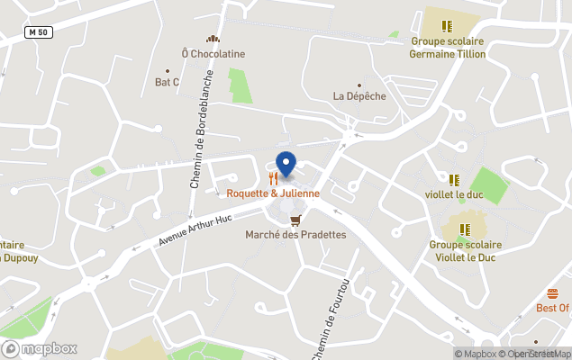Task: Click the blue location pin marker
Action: click(x=286, y=165)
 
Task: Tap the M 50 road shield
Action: click(x=38, y=32)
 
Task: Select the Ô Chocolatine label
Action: click(x=213, y=54)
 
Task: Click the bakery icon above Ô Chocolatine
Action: click(x=213, y=39)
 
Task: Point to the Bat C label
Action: click(x=168, y=83)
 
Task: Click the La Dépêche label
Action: click(x=359, y=95)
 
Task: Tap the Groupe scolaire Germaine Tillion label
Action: click(x=448, y=48)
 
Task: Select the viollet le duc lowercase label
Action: click(x=454, y=193)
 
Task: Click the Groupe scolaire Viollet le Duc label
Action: click(x=465, y=250)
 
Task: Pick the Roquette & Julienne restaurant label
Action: click(x=273, y=193)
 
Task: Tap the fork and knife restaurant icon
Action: click(x=273, y=178)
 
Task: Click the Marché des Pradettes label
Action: click(x=295, y=235)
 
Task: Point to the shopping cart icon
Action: click(x=295, y=219)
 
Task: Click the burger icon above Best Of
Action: click(x=552, y=293)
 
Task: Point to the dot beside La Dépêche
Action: click(x=359, y=85)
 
